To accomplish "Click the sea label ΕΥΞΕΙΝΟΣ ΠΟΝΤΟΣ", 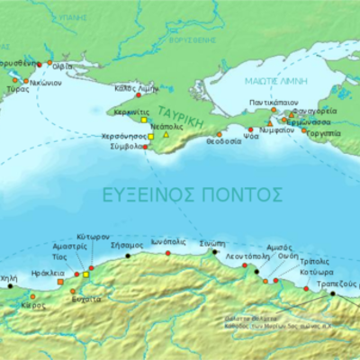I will pyautogui.click(x=206, y=193).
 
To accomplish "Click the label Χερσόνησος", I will pyautogui.click(x=123, y=136).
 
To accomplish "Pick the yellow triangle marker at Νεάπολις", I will pyautogui.click(x=166, y=135).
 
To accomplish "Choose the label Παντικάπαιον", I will pyautogui.click(x=270, y=104).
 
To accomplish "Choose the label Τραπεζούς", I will pyautogui.click(x=332, y=281).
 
